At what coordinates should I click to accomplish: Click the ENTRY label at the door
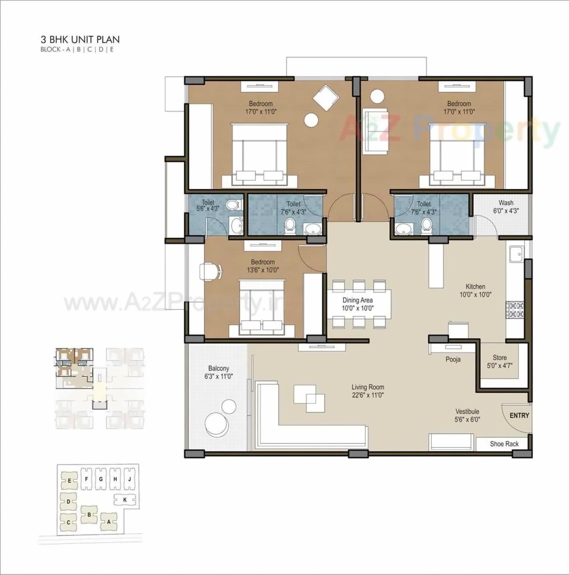pyautogui.click(x=519, y=415)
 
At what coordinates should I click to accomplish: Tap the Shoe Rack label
pyautogui.click(x=504, y=444)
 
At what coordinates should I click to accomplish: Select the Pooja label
pyautogui.click(x=453, y=359)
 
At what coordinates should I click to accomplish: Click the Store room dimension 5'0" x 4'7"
pyautogui.click(x=500, y=366)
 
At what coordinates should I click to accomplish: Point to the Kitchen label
pyautogui.click(x=475, y=287)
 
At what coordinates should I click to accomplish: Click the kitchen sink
pyautogui.click(x=517, y=255)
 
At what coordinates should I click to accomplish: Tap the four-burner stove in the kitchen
pyautogui.click(x=516, y=310)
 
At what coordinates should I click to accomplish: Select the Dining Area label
pyautogui.click(x=357, y=300)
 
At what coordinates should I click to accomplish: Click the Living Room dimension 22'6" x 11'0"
pyautogui.click(x=368, y=395)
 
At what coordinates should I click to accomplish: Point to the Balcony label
pyautogui.click(x=218, y=368)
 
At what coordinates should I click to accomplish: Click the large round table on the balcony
pyautogui.click(x=215, y=425)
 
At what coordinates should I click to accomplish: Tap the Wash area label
pyautogui.click(x=506, y=203)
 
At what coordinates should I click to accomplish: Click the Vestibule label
pyautogui.click(x=467, y=411)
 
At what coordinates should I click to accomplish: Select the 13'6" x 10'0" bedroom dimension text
pyautogui.click(x=263, y=270)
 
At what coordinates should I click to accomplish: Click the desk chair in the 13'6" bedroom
pyautogui.click(x=211, y=272)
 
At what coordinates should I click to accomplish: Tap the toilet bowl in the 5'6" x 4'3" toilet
pyautogui.click(x=232, y=205)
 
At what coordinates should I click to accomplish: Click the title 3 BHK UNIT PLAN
pyautogui.click(x=80, y=40)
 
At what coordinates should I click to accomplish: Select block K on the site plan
pyautogui.click(x=125, y=500)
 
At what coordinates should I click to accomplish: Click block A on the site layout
pyautogui.click(x=108, y=522)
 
